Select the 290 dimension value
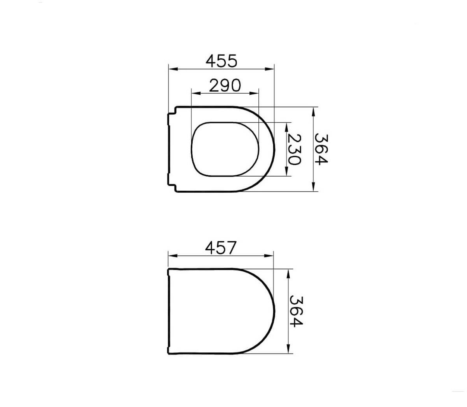pyautogui.click(x=225, y=85)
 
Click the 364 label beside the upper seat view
pyautogui.click(x=322, y=149)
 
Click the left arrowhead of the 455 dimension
pyautogui.click(x=171, y=69)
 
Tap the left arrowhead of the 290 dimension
pyautogui.click(x=196, y=93)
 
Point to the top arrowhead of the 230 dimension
pyautogui.click(x=287, y=126)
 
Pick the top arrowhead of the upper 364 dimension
pyautogui.click(x=314, y=110)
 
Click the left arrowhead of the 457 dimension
pyautogui.click(x=171, y=256)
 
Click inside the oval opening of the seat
pyautogui.click(x=226, y=149)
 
